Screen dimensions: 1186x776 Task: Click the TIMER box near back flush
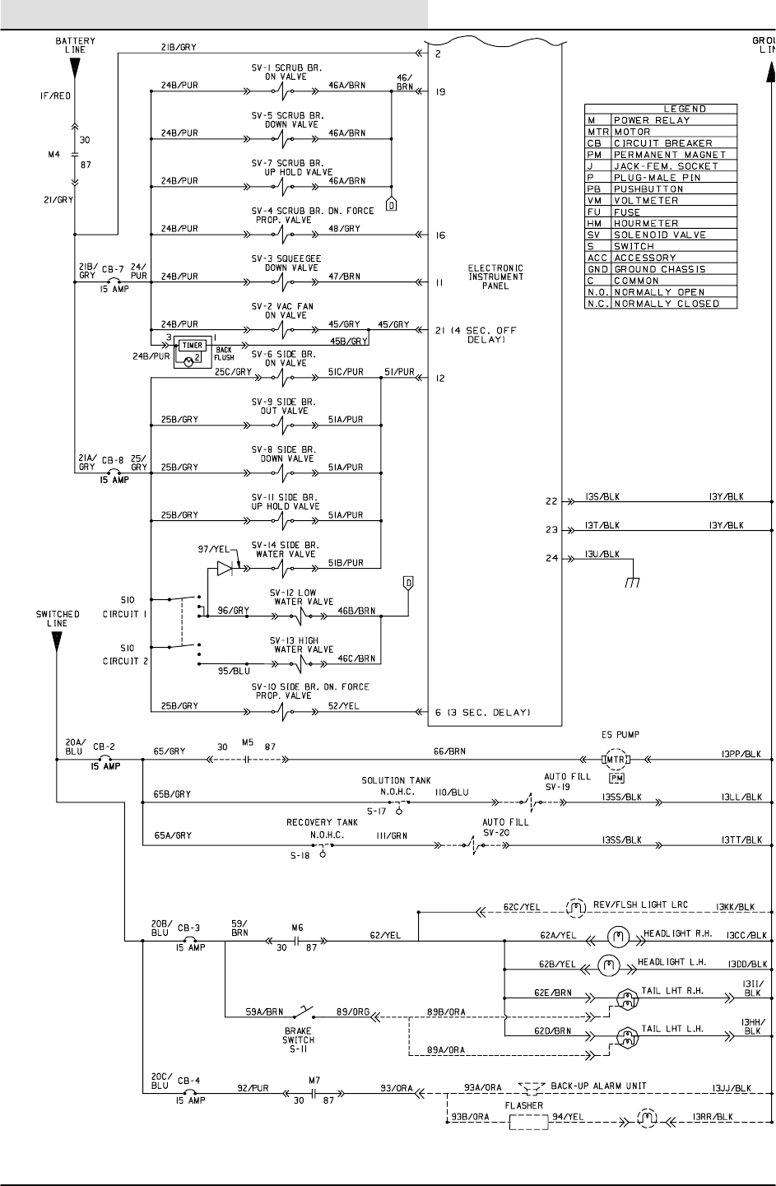(x=194, y=346)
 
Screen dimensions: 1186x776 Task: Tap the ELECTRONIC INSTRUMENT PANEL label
(x=495, y=278)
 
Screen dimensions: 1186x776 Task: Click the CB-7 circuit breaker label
(x=114, y=269)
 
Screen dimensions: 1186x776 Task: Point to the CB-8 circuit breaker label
(x=114, y=462)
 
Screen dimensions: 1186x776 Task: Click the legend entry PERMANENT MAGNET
(x=670, y=155)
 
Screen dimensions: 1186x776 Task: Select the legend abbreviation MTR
(x=597, y=132)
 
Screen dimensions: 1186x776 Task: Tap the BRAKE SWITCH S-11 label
(x=297, y=1034)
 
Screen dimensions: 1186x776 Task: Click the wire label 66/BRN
(x=449, y=751)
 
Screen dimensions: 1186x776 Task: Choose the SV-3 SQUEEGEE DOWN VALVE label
(x=292, y=263)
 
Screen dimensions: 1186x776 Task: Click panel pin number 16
(x=440, y=235)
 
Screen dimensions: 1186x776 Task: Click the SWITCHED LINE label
(x=58, y=619)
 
